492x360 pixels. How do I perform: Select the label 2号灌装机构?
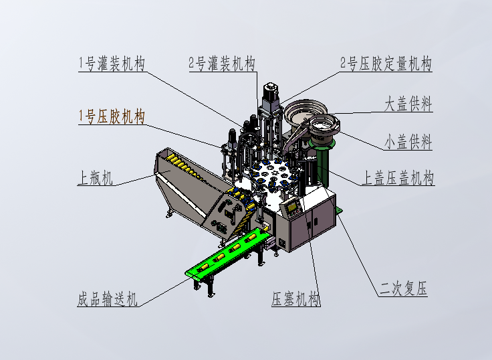(x=222, y=64)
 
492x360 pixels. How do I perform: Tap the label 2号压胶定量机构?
(x=386, y=64)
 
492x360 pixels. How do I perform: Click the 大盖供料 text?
(x=408, y=104)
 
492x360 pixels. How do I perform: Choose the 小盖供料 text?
(x=408, y=142)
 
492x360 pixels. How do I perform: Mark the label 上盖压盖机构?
(x=398, y=178)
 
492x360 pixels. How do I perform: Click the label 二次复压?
(x=403, y=289)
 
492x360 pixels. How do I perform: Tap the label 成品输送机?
(x=108, y=299)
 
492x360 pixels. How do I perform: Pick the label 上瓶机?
(x=96, y=178)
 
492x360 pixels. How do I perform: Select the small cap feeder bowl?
(x=323, y=126)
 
